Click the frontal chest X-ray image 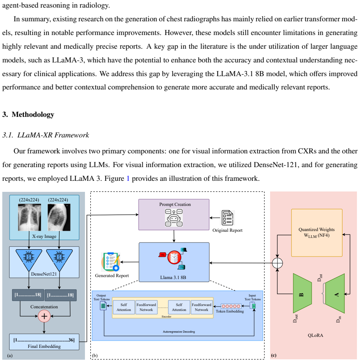(30, 217)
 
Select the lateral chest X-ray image (59, 217)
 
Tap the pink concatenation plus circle (44, 316)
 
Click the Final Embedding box (44, 342)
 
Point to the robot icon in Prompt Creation (174, 218)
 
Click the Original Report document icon (227, 218)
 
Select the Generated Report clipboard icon (110, 262)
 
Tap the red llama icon (174, 257)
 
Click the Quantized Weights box (317, 233)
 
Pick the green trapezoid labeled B (302, 293)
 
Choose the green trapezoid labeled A (335, 293)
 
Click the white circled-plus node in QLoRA (277, 263)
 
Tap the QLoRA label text (315, 335)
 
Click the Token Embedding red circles (231, 306)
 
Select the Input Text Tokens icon (253, 306)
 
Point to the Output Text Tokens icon (103, 306)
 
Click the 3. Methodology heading (28, 115)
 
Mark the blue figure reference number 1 (128, 179)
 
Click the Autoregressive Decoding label (179, 332)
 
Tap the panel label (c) (274, 355)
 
